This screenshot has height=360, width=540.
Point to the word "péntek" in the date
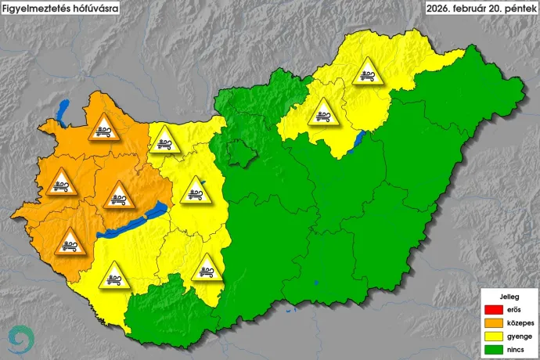point(518,9)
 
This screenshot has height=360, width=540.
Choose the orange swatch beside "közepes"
point(491,322)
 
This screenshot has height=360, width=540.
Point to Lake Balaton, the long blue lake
point(133,222)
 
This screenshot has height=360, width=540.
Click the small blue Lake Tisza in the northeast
point(361,140)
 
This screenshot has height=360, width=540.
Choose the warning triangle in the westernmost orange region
point(60,183)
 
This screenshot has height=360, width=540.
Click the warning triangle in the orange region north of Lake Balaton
point(118,195)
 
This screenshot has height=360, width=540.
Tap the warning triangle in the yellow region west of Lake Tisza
point(322,113)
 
